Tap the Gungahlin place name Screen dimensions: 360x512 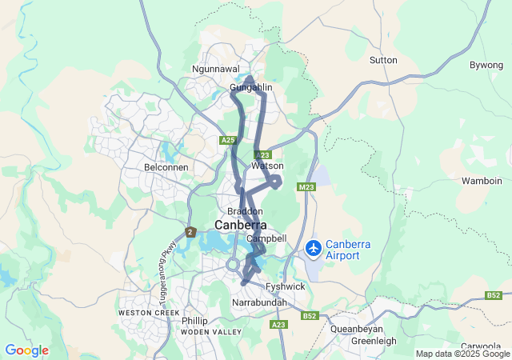click(251, 86)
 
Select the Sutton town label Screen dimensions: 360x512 click(383, 60)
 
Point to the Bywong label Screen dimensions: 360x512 click(486, 64)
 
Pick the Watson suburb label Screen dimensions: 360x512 click(267, 166)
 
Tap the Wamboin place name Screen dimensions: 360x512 click(482, 181)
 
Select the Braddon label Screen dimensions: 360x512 click(245, 211)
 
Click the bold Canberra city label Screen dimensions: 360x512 click(240, 226)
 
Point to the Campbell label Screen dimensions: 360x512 click(266, 238)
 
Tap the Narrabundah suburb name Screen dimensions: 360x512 click(258, 305)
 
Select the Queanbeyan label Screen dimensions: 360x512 click(357, 328)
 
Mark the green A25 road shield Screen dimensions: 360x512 click(229, 140)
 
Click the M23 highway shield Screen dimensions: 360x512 click(305, 187)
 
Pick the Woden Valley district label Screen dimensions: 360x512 click(210, 331)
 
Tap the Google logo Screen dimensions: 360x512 click(26, 350)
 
